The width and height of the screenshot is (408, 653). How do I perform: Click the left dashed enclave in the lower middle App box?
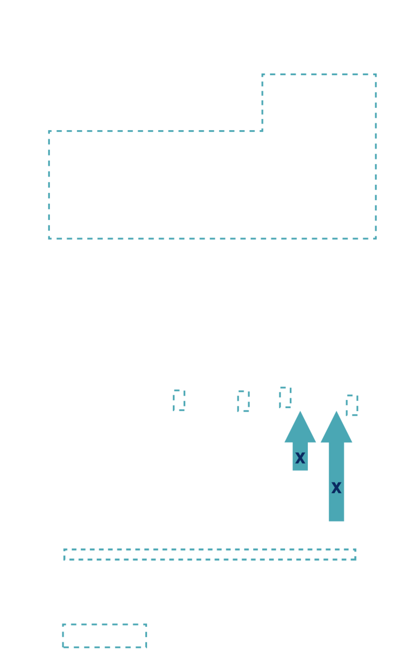coord(179,401)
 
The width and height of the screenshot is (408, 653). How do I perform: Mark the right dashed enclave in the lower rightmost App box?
coord(352,405)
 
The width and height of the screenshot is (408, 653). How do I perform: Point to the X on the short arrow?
coord(300,458)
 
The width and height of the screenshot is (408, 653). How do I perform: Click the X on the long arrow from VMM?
coord(336,488)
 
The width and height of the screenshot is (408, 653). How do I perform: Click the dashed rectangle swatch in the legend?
coord(104,636)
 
